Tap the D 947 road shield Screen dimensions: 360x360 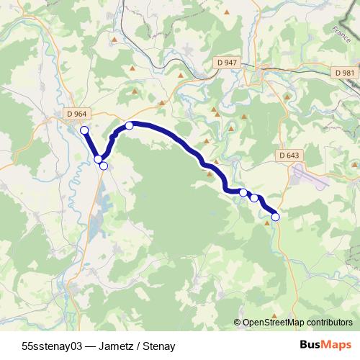[226, 63]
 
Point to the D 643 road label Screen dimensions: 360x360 [289, 156]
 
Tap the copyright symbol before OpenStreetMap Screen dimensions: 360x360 [237, 323]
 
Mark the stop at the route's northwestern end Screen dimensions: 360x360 [84, 130]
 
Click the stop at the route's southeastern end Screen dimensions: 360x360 [275, 216]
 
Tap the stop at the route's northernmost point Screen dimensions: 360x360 [130, 126]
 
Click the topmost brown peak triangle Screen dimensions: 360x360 [228, 12]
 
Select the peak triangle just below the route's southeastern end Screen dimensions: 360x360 [268, 223]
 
